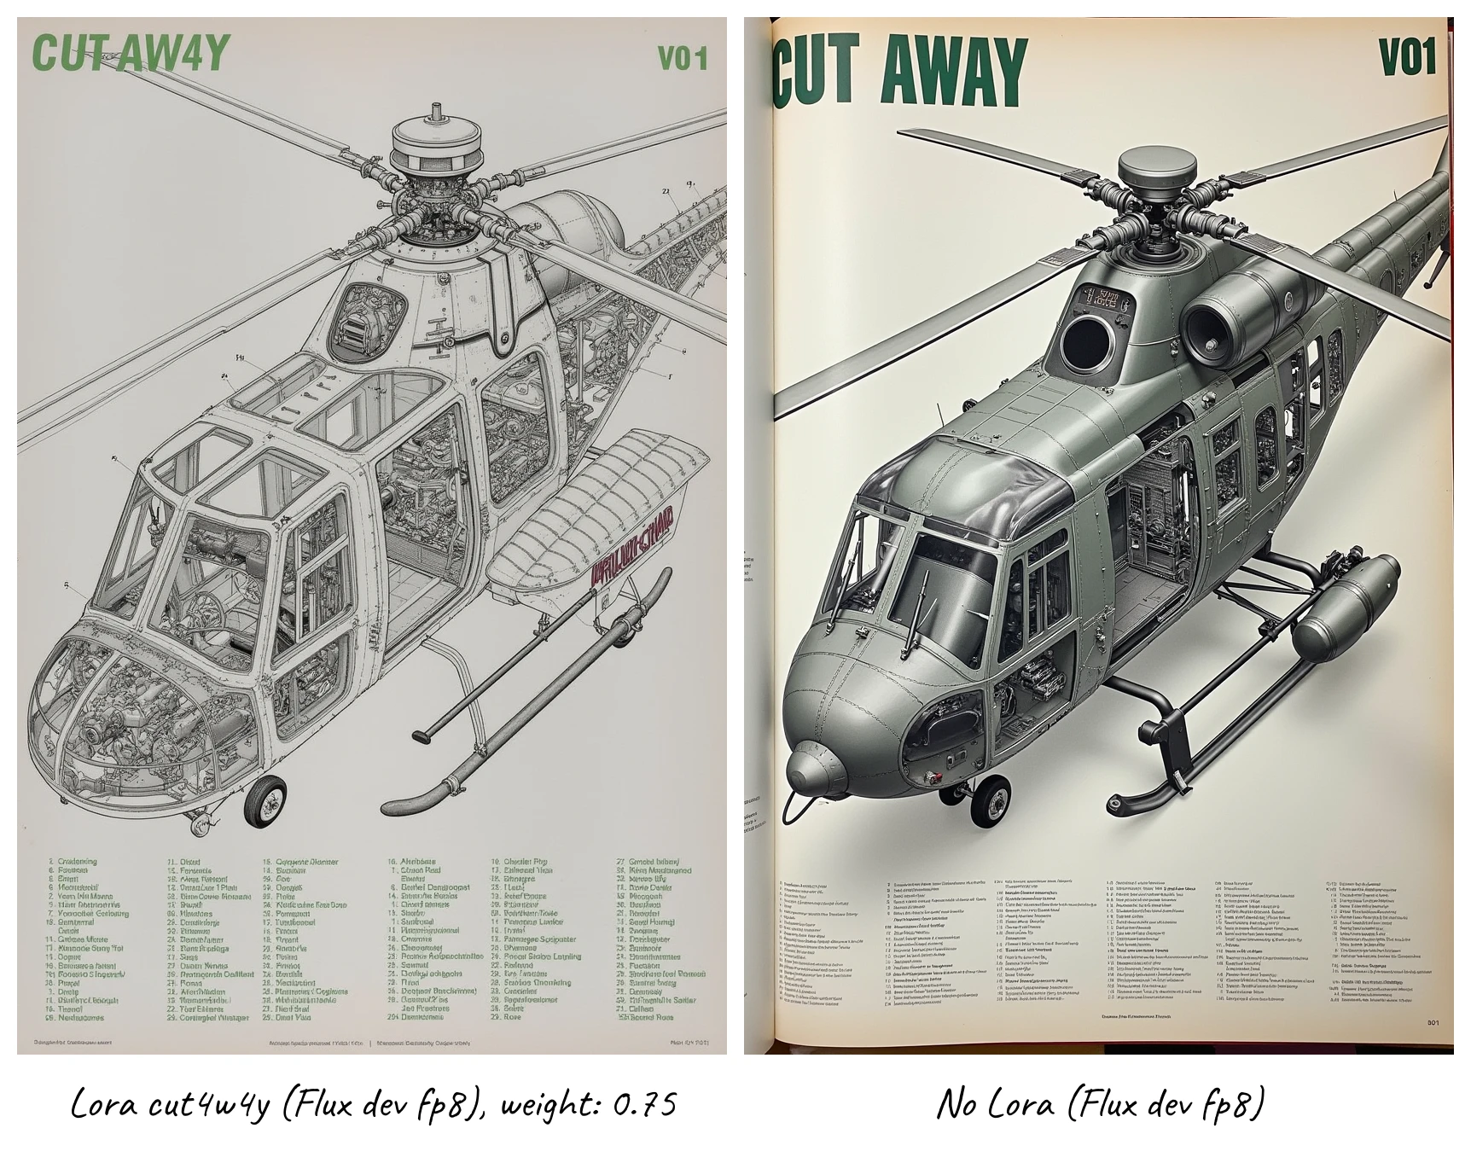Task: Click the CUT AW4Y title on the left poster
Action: [x=130, y=54]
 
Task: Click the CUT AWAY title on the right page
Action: [x=899, y=68]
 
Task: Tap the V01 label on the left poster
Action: [x=683, y=58]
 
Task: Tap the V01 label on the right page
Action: [x=1408, y=57]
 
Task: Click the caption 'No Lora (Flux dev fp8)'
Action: [x=1101, y=1105]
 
